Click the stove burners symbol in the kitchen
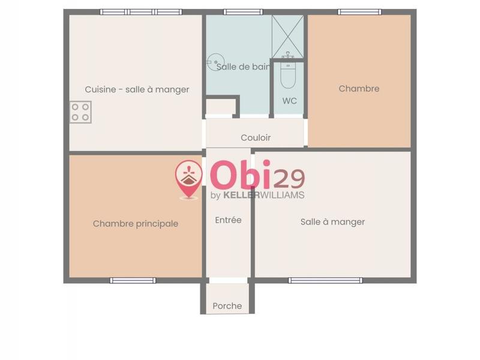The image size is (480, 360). [x=81, y=112]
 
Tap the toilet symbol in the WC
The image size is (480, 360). [x=289, y=73]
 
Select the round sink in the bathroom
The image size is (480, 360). [x=213, y=62]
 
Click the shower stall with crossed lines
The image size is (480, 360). [x=289, y=36]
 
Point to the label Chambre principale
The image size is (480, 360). [x=136, y=224]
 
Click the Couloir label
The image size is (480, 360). [x=256, y=137]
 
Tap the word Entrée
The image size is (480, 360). [x=228, y=220]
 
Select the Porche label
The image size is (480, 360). [x=227, y=306]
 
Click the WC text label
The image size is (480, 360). [x=290, y=101]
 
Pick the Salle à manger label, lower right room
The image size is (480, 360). [x=332, y=222]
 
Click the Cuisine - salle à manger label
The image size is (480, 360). [x=137, y=89]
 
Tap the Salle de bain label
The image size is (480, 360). [x=244, y=67]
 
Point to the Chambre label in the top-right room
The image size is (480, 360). [x=359, y=89]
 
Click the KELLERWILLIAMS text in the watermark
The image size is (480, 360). [x=264, y=195]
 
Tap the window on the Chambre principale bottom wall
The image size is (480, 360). [x=133, y=280]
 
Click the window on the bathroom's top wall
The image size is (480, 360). [x=243, y=12]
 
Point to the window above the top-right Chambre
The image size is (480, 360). [x=359, y=12]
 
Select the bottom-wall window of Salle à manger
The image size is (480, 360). [x=325, y=280]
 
